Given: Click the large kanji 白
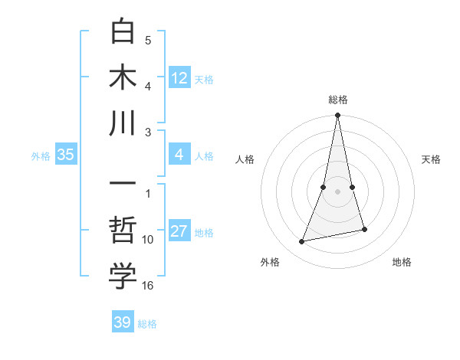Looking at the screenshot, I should click(x=123, y=31).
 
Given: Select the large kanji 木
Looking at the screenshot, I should click(x=123, y=77).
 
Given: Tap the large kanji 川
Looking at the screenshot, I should click(x=123, y=123).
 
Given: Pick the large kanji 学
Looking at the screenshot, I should click(x=123, y=277).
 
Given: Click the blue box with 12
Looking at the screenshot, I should click(x=179, y=77).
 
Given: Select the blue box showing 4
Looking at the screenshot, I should click(x=179, y=155).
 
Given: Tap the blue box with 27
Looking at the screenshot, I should click(x=179, y=232).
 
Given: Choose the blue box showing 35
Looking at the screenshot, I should click(x=66, y=155).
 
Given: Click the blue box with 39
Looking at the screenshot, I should click(x=123, y=322).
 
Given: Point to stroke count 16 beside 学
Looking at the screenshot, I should click(x=148, y=285).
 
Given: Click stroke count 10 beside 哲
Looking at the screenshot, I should click(x=148, y=240).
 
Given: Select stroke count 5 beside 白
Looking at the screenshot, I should click(x=148, y=41).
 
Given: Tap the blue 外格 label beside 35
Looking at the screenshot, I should click(x=41, y=156).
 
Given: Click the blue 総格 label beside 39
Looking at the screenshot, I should click(x=147, y=324).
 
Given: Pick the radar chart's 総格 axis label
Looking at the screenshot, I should click(x=338, y=100).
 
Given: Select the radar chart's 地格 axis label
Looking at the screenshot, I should click(x=402, y=262).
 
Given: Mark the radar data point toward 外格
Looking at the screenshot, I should click(x=302, y=241).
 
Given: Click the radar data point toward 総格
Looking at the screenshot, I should click(x=337, y=116).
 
